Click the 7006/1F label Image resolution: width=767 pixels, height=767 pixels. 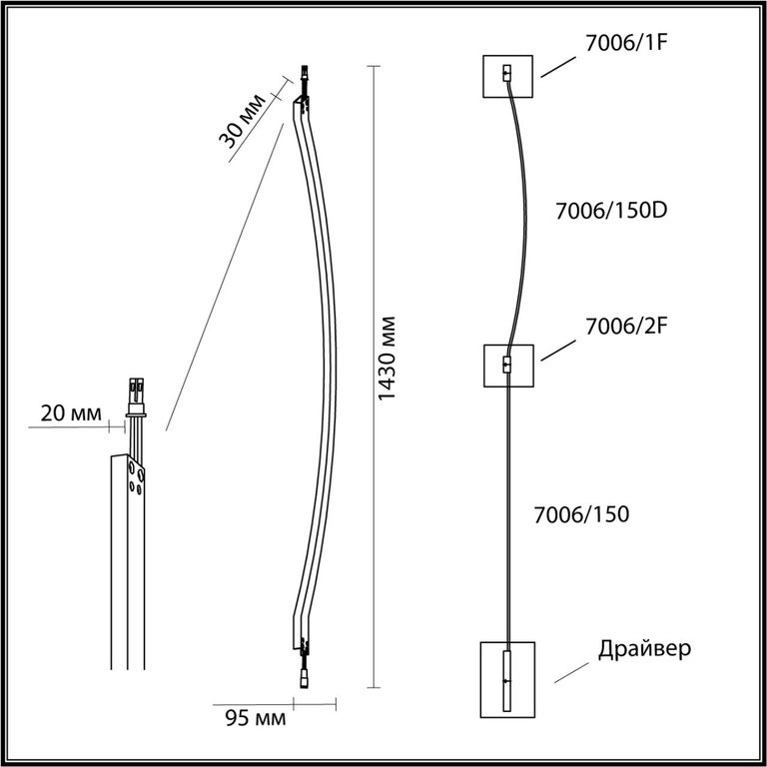626,43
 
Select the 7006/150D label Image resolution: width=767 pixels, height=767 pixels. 611,211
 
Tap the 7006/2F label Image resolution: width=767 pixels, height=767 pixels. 626,327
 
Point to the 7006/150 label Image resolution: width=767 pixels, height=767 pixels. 581,514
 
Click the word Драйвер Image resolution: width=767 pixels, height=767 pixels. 645,648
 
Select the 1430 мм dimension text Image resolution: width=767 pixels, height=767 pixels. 386,359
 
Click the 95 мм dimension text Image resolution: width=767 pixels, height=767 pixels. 256,718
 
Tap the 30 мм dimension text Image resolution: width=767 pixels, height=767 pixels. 242,120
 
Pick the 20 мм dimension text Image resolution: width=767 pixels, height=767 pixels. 71,413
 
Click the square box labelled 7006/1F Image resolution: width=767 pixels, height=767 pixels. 507,76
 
